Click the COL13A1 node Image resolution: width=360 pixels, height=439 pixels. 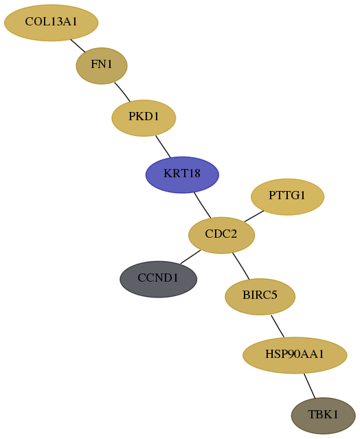(52, 23)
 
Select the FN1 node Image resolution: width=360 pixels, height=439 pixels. (102, 66)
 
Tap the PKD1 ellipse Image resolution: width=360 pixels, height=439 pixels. (144, 118)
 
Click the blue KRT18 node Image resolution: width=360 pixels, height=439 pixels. (182, 175)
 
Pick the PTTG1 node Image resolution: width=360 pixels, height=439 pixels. (287, 196)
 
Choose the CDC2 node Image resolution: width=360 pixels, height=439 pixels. (221, 235)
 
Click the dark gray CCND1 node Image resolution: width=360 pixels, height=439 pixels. (159, 279)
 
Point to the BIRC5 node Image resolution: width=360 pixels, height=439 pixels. (260, 297)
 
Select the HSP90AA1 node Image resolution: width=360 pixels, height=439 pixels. (295, 355)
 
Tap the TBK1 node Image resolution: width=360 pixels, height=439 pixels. (324, 416)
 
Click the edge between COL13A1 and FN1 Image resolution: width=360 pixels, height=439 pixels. (78, 45)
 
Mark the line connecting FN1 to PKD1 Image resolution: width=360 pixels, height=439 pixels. (122, 92)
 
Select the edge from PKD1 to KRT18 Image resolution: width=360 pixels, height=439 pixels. (163, 146)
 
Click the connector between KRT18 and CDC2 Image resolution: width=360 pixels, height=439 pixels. (203, 205)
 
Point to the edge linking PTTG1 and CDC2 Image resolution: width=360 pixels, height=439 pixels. (254, 216)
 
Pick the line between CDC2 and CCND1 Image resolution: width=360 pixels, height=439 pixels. (190, 257)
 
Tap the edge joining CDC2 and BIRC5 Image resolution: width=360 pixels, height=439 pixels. (240, 266)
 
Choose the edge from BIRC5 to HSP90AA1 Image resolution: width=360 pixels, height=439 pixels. (278, 326)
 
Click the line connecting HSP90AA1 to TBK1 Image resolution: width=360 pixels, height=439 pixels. (309, 385)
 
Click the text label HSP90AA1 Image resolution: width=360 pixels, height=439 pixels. (295, 354)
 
